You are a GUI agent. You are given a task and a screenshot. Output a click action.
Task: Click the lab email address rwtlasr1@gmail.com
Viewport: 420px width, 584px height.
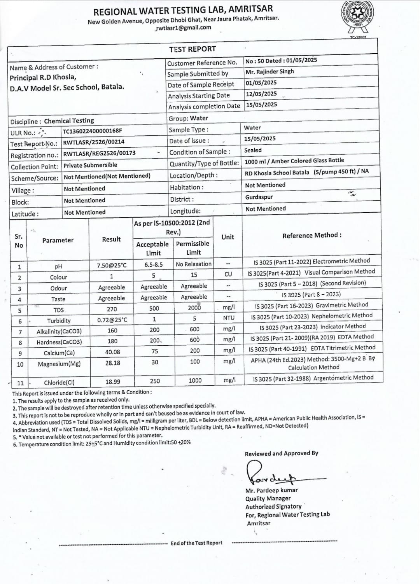click(183, 28)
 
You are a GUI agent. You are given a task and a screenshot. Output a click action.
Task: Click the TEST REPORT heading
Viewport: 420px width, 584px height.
click(192, 49)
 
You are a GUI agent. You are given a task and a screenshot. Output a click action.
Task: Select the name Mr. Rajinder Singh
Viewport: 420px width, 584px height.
click(269, 72)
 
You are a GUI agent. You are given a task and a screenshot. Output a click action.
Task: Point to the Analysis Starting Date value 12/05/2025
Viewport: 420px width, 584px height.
click(261, 94)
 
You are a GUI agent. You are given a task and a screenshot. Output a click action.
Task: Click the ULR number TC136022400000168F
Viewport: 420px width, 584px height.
click(92, 131)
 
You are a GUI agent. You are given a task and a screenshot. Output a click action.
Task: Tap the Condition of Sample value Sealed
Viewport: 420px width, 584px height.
click(253, 150)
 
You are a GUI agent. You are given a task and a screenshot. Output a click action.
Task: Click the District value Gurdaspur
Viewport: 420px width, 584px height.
click(259, 197)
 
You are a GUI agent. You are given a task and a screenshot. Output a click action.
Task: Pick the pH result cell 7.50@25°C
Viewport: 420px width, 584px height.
click(112, 266)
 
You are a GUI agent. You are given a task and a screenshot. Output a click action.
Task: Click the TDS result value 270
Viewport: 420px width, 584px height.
click(112, 309)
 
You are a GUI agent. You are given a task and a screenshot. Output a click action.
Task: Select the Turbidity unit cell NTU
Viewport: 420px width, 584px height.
click(229, 318)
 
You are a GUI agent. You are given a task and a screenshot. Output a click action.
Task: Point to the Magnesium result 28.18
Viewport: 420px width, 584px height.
click(112, 363)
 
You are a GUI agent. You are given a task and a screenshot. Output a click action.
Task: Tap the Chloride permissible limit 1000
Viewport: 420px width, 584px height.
click(195, 380)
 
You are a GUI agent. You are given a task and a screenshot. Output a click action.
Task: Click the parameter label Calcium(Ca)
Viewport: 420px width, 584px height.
click(59, 353)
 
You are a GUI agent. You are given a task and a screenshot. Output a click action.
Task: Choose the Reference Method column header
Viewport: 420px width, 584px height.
click(312, 236)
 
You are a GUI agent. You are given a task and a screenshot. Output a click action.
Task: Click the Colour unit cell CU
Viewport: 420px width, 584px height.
click(228, 274)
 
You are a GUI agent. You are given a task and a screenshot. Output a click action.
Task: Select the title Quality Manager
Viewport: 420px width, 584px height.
click(268, 498)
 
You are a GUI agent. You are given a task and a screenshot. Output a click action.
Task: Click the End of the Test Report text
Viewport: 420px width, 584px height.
click(196, 543)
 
